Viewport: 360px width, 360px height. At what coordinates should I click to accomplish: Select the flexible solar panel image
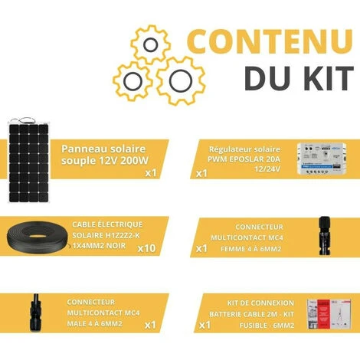coord(28,161)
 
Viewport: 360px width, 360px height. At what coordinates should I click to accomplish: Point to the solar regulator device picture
coord(322,159)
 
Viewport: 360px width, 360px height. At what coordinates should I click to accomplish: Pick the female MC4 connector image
coord(325,235)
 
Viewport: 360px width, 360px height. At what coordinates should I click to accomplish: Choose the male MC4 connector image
coord(35,313)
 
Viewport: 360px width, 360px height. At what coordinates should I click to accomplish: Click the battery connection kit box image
coord(329,314)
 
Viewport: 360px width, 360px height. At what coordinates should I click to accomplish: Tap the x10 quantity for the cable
coord(146,248)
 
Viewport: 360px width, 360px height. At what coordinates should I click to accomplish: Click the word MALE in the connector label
coord(76,324)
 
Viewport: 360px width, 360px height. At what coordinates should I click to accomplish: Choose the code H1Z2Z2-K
coord(123,235)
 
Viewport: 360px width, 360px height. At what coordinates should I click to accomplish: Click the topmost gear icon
coord(150,44)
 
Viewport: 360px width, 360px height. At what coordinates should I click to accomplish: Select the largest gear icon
coord(181,81)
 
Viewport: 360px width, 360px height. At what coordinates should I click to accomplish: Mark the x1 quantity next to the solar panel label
coord(151,173)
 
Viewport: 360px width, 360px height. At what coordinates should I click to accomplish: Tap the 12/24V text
coord(267,169)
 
